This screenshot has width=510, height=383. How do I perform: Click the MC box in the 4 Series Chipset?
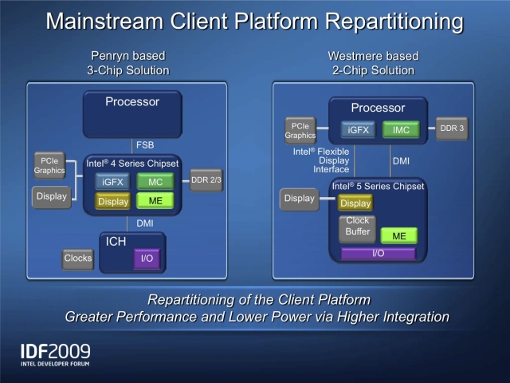pos(155,182)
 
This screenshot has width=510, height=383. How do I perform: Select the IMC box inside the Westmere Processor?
pos(401,129)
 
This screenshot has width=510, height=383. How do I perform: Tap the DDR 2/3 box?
pos(206,180)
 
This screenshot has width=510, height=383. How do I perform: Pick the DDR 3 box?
pos(451,128)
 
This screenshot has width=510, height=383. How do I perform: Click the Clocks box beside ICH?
pos(77,259)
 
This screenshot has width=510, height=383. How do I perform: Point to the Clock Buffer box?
pos(358,227)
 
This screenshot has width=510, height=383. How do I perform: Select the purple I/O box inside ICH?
pos(147,259)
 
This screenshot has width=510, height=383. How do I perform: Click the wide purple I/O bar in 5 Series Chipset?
pos(379,254)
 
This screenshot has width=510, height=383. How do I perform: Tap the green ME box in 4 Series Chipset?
pos(155,201)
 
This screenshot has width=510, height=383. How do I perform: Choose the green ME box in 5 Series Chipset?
pos(398,235)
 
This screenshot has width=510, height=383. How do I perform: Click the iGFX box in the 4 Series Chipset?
pos(112,182)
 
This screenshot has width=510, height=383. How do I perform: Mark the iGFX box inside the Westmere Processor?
pos(359,129)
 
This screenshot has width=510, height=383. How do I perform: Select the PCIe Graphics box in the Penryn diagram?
pos(49,164)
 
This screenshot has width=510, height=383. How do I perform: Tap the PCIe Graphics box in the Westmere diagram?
pos(300,129)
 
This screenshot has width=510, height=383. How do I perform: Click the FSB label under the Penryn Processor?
pos(145,145)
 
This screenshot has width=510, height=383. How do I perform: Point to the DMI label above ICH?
pos(144,223)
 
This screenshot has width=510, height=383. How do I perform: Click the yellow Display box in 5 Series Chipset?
pos(355,203)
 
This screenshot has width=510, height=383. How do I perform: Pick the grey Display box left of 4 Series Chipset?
pos(51,196)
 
